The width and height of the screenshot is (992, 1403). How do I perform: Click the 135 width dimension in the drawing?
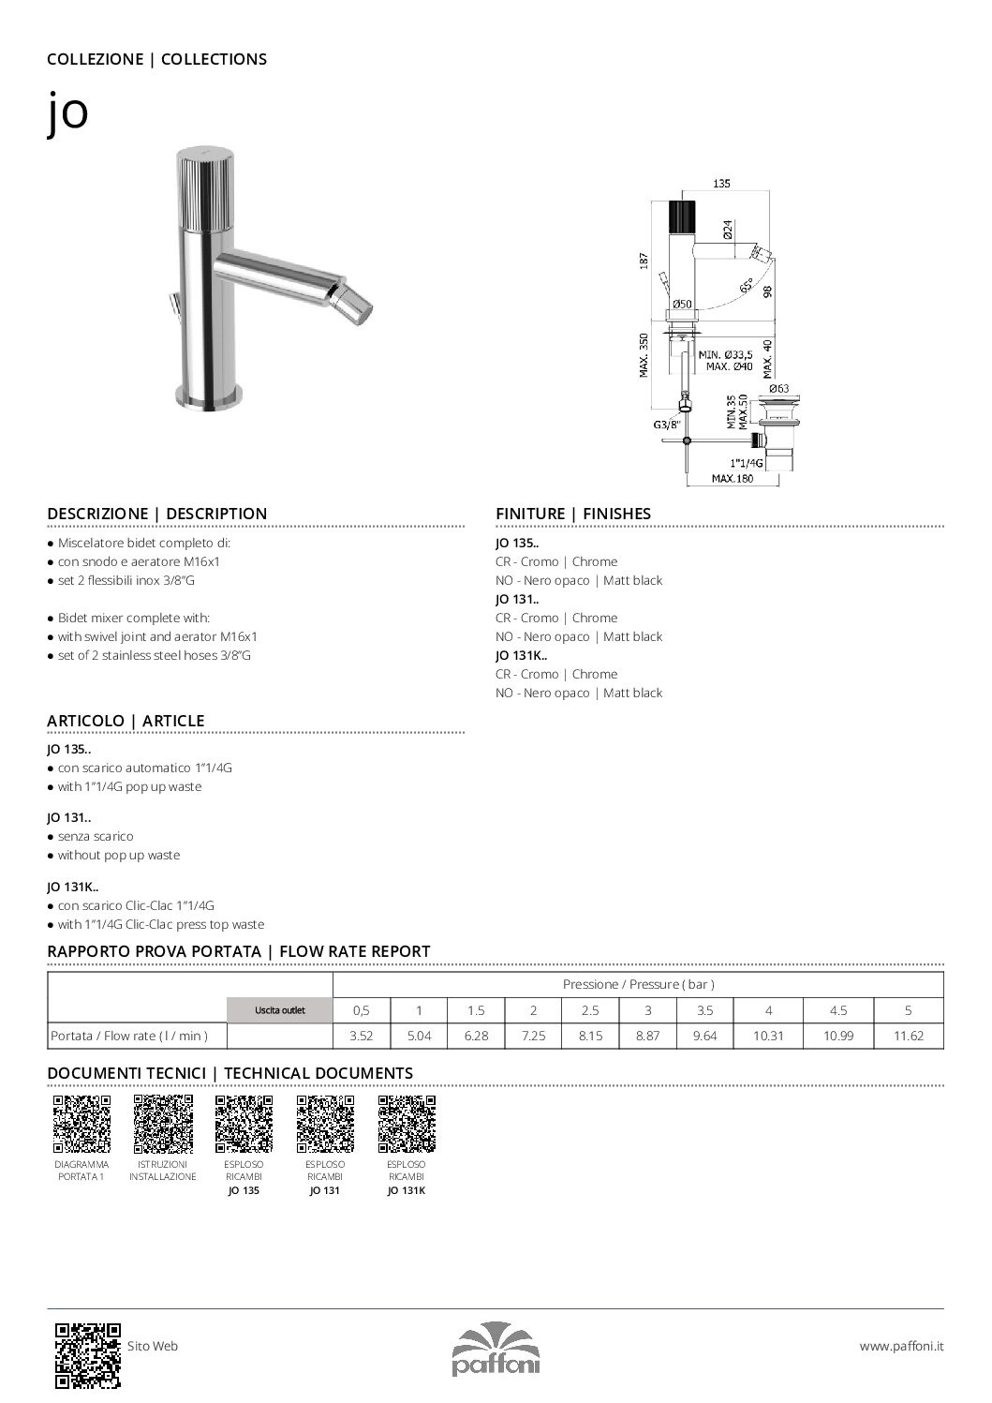pos(721,185)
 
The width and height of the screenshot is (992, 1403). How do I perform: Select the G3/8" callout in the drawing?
pos(667,425)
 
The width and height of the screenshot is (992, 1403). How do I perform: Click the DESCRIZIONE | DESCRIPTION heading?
pos(157,514)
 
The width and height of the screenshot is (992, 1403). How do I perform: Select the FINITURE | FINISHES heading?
pos(572,514)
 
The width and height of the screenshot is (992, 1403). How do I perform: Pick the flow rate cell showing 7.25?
pos(533,1036)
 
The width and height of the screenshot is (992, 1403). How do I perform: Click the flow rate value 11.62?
pos(908,1036)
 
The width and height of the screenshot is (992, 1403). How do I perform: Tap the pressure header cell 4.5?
pos(837,1010)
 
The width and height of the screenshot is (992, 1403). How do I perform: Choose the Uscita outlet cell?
pos(279,1010)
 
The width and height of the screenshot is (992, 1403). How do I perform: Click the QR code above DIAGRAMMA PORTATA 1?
pos(81,1123)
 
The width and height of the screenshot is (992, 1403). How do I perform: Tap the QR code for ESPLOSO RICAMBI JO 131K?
pos(407,1123)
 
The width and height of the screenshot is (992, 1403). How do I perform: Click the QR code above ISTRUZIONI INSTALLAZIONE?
pos(163,1123)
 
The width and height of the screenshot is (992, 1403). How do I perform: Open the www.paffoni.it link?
pos(901,1346)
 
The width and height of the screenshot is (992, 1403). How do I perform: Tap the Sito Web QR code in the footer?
pos(88,1354)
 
